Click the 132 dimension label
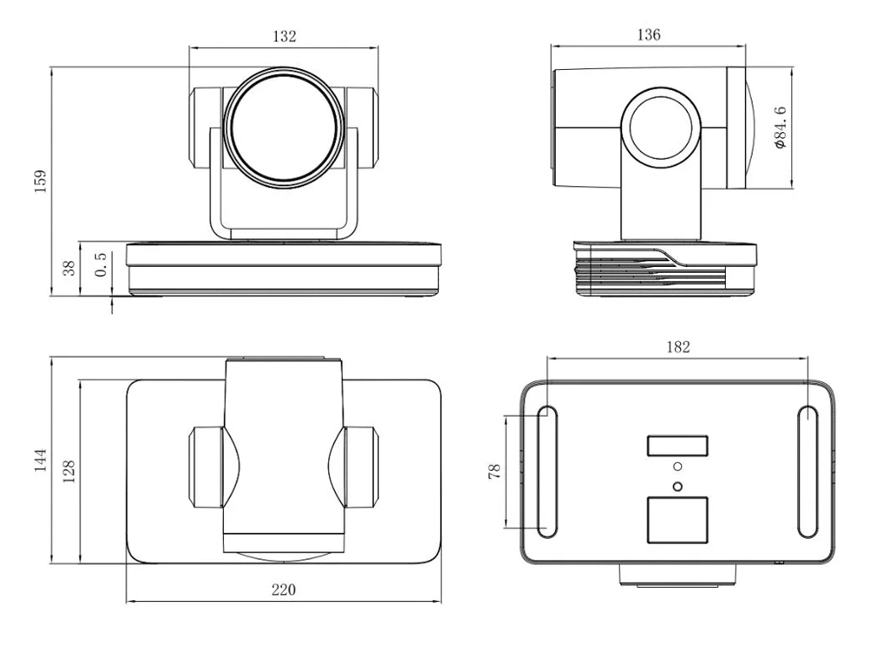click(x=283, y=36)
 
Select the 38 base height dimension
click(x=70, y=268)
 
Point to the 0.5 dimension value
click(x=100, y=264)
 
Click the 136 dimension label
click(x=648, y=35)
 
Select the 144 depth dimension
click(x=39, y=461)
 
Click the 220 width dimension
click(x=283, y=590)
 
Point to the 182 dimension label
click(x=678, y=346)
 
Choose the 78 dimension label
click(x=494, y=472)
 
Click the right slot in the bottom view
click(x=806, y=472)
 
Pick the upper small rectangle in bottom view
click(x=677, y=446)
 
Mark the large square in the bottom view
click(x=677, y=519)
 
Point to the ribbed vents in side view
click(x=640, y=270)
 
